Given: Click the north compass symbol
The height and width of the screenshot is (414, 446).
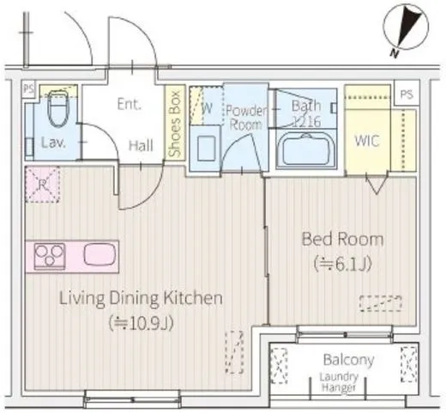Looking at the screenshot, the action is pos(406,28).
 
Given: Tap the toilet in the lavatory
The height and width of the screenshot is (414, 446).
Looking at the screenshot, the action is pos(58,108).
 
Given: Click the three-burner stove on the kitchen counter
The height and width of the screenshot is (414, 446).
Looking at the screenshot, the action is pos(50,256).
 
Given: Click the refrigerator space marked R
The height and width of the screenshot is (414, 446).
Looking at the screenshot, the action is pos(43,185).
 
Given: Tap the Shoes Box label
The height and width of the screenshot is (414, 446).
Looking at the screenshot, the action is pos(175,124).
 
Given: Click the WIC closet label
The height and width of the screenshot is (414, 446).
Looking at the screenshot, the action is pos(367,140).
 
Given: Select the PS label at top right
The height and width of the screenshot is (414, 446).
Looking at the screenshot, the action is pos(407,94).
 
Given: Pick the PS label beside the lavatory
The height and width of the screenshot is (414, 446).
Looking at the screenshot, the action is pos(28,88).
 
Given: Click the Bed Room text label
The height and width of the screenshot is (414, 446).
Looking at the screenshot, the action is pos(342,240).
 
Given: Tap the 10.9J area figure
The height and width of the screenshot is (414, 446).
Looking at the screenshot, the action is pos(141,323).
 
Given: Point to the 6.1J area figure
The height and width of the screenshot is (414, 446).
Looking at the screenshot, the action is pos(342,264).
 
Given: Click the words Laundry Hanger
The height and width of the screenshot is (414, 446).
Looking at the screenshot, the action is pos(339,382).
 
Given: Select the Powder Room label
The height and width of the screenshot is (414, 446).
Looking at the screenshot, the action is pos(246,118).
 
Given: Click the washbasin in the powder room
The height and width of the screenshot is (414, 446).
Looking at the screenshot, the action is pos(207,149).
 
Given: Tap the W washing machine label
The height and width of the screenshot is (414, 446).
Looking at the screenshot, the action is pos(207,108).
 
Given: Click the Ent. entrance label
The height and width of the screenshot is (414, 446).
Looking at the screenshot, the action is pos(130,104).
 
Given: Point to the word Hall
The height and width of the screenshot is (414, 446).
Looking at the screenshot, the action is pos(141,145).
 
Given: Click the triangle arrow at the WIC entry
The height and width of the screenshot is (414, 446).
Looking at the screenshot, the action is pos(377,184).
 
